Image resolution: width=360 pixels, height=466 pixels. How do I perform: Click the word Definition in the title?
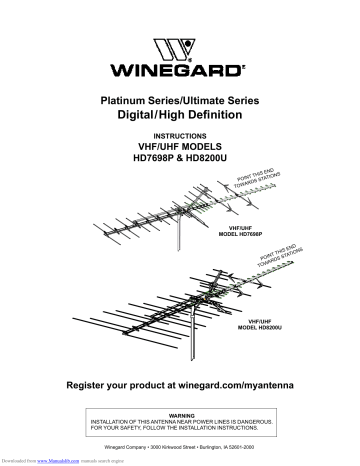pyautogui.click(x=230, y=117)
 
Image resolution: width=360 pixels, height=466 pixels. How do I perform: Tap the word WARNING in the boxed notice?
pyautogui.click(x=181, y=412)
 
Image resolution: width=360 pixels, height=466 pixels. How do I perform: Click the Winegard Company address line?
pyautogui.click(x=181, y=444)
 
